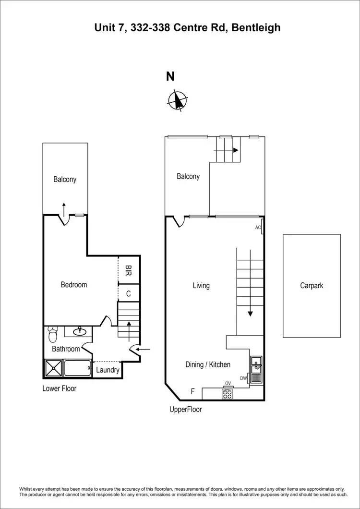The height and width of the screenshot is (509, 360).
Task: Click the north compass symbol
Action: (x=178, y=100)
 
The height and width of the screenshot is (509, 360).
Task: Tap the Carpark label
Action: (x=312, y=285)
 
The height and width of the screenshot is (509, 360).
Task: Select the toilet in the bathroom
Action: (x=53, y=332)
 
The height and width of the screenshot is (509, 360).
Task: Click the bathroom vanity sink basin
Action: (x=80, y=331)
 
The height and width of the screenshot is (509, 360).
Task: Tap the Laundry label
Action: (x=108, y=370)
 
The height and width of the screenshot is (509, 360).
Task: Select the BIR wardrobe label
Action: (x=129, y=271)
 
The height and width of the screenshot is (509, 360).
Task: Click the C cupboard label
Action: (x=129, y=293)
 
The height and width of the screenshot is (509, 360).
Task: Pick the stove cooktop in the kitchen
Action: (x=227, y=394)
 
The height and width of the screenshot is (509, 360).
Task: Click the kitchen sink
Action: (x=256, y=365)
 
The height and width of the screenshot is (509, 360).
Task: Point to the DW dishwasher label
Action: (x=244, y=378)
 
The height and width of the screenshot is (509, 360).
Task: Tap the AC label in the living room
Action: (x=258, y=228)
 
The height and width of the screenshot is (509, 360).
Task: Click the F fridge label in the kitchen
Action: (x=192, y=391)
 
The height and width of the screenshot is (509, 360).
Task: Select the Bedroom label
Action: (x=74, y=285)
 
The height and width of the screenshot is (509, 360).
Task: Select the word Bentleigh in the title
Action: (x=256, y=28)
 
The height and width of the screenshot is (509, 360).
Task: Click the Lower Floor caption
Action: (x=60, y=388)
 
